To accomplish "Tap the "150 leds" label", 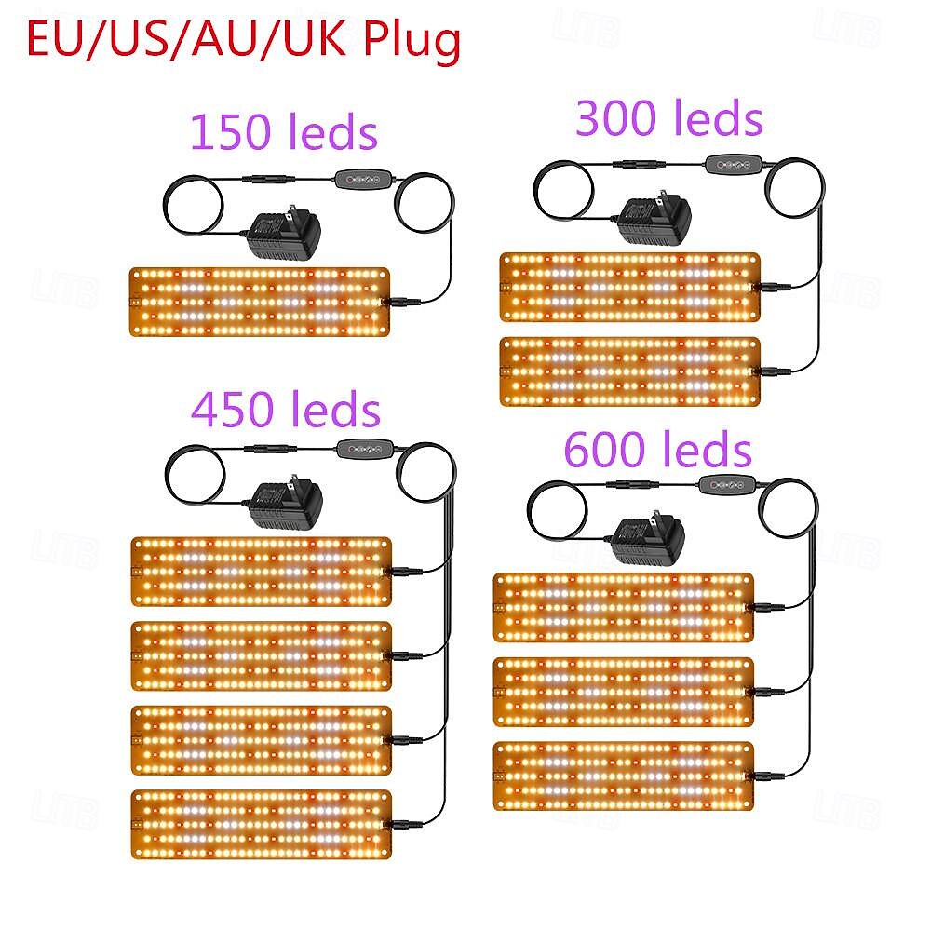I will pos(284,132).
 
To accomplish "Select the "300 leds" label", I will pos(669,119).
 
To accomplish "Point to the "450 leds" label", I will pos(286,409).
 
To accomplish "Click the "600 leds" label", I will pos(657,452).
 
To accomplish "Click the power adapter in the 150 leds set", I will pos(281,235).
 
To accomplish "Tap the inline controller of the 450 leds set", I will pos(359,447).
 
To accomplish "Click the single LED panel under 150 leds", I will pos(258,302).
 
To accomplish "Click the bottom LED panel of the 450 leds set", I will pos(261,824).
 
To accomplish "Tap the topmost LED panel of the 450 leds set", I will pos(261,571).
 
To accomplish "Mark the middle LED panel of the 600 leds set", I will pos(623,692).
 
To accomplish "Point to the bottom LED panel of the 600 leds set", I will pos(623,776).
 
